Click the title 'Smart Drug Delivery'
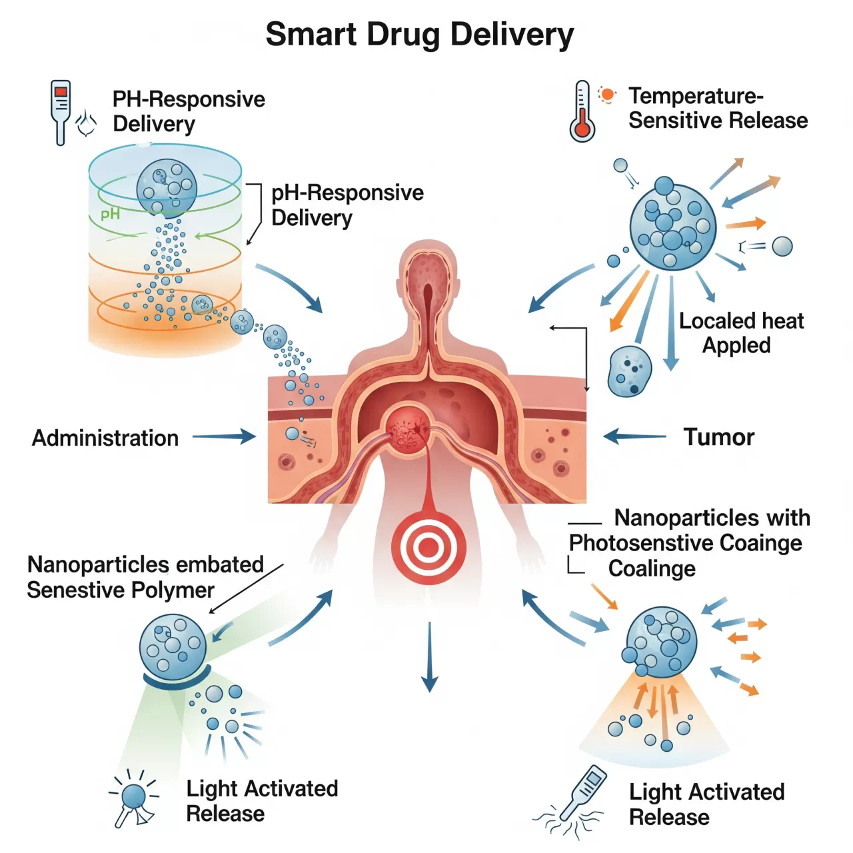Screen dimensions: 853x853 tap(419, 35)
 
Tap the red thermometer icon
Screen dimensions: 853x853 tap(582, 111)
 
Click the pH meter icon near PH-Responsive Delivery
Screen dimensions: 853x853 tap(61, 111)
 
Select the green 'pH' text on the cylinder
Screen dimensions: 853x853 tap(110, 214)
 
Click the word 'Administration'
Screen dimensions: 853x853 tap(105, 438)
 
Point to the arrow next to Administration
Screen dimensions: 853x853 tap(224, 437)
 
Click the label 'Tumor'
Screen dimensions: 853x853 tap(718, 437)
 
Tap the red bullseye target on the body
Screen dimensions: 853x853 tap(427, 548)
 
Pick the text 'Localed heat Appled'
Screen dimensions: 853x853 tap(740, 333)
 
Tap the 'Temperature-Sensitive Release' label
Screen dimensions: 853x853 tap(717, 108)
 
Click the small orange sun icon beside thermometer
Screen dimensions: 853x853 tap(607, 95)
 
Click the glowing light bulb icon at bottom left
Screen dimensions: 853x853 tap(134, 797)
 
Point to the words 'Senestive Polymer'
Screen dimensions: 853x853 tap(120, 590)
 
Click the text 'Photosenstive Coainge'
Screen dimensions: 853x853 tap(685, 542)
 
